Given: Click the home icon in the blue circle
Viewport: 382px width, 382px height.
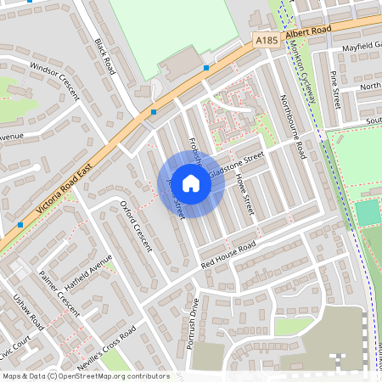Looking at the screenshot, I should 191,183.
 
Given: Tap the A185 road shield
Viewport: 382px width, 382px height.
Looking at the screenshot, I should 266,39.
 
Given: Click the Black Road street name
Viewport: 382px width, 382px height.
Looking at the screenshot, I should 104,54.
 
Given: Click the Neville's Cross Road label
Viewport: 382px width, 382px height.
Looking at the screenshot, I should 105,345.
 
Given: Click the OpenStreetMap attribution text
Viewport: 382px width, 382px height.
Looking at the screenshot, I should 86,376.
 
